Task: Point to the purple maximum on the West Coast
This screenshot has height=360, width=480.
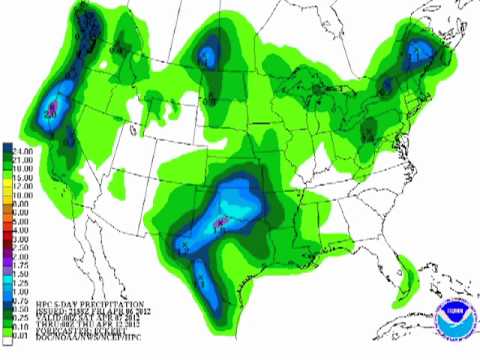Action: [x=51, y=104]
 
